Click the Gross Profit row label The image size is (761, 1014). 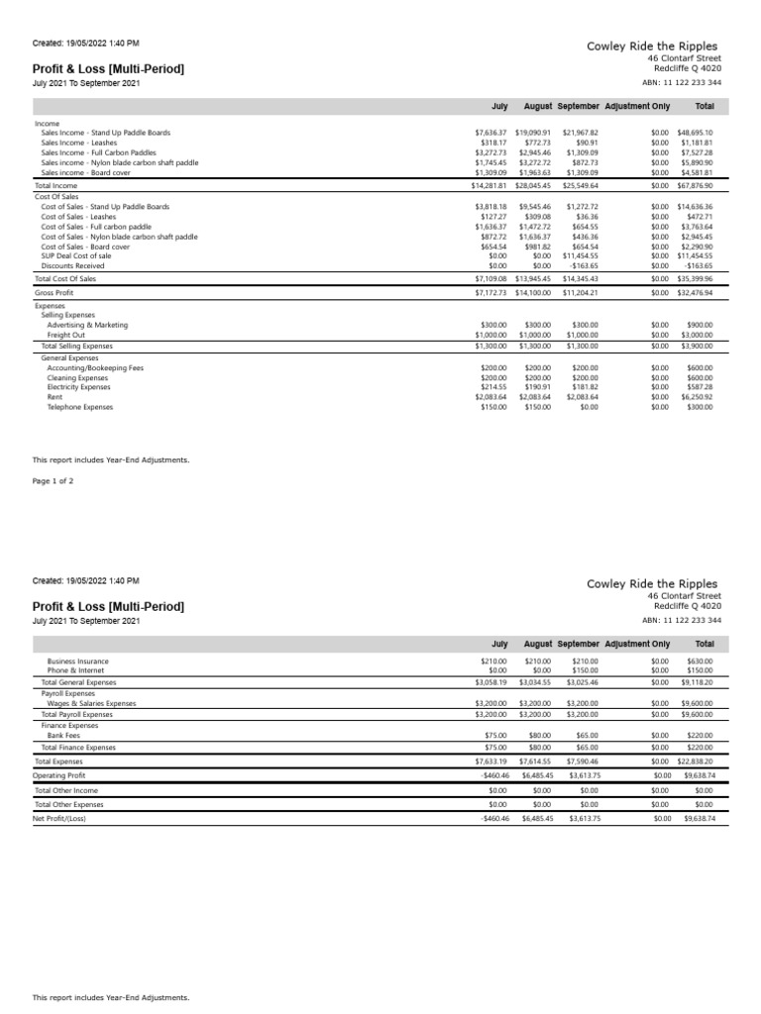(54, 293)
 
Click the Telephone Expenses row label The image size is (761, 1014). (80, 407)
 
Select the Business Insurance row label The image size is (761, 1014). (78, 660)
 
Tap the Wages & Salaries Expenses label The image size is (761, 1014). (91, 703)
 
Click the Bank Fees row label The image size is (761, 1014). (65, 736)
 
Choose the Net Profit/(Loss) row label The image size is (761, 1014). (59, 819)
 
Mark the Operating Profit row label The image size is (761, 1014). (58, 775)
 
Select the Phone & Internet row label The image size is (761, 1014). (75, 670)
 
